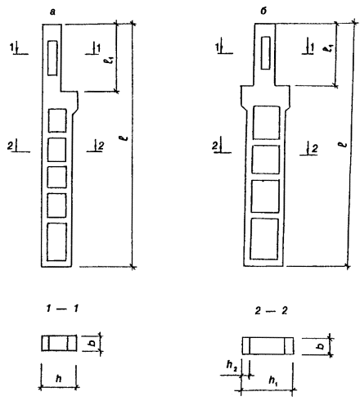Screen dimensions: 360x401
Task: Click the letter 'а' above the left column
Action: tap(52, 11)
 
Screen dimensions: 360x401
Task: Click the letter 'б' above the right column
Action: tap(263, 11)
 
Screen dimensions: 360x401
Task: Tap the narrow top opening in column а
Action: tap(52, 58)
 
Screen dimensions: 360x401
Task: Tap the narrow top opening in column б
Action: tap(266, 53)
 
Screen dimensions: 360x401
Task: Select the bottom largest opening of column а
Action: tap(56, 241)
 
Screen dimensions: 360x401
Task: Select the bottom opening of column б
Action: tap(264, 239)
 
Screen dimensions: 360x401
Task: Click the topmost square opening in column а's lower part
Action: tap(57, 120)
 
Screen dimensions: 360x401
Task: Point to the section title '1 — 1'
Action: tap(62, 309)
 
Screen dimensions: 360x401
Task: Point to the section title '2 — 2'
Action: tap(271, 311)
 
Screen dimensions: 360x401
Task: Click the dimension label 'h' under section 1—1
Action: tap(58, 378)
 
